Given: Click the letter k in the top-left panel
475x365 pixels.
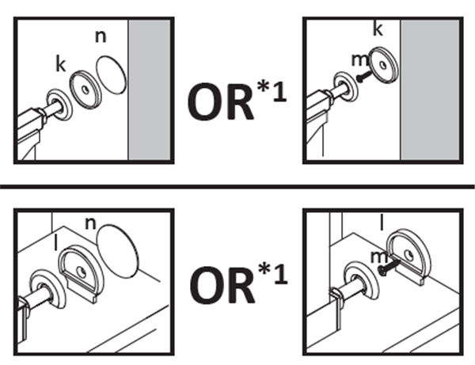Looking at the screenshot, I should coord(59,63).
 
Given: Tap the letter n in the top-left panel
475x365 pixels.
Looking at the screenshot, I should coord(99,36).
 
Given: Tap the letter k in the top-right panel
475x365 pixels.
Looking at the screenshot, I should coord(378,30).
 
